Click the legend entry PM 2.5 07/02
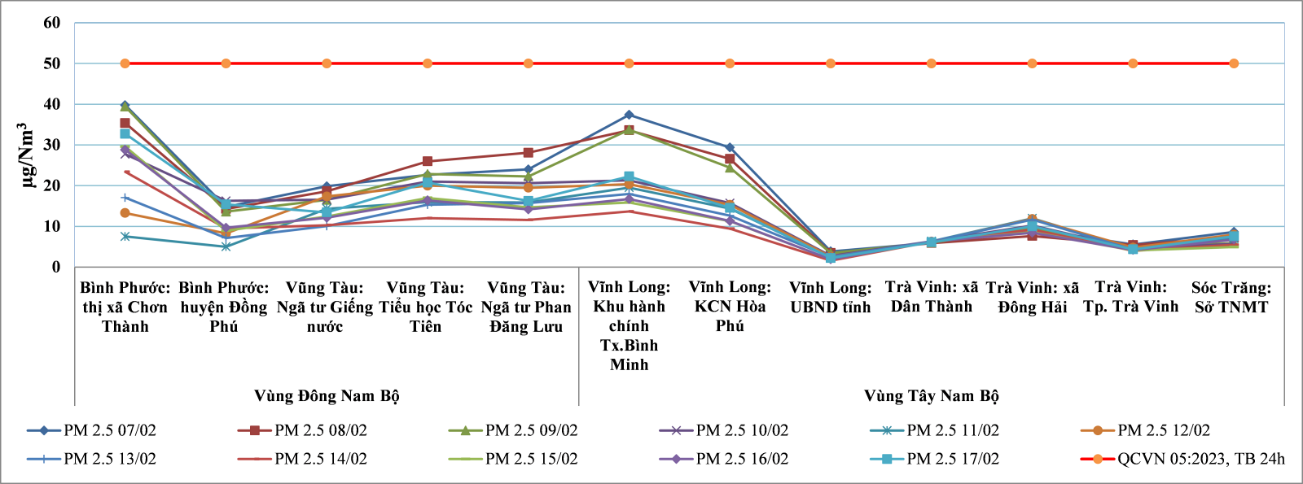[x=109, y=430]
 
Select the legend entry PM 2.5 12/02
[x=1163, y=430]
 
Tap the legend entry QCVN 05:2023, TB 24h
[x=1200, y=459]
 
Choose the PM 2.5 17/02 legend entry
[x=952, y=459]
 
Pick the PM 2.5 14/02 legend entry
[x=320, y=459]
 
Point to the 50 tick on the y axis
[x=52, y=63]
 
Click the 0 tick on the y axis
[x=56, y=267]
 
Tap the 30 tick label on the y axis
[x=52, y=145]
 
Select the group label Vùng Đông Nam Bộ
[x=327, y=396]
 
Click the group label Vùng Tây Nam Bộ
[x=931, y=396]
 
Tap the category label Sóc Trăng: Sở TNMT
[x=1231, y=297]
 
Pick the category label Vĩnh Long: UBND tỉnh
[x=830, y=297]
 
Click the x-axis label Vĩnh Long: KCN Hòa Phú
[x=730, y=306]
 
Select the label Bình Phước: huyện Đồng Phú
[x=224, y=307]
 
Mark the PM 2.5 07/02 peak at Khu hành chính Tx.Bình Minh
[x=629, y=115]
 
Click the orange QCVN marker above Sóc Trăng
[x=1234, y=63]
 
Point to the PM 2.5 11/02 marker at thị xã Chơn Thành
[x=125, y=236]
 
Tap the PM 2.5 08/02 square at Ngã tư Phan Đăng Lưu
[x=529, y=153]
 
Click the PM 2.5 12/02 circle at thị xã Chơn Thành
[x=125, y=213]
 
